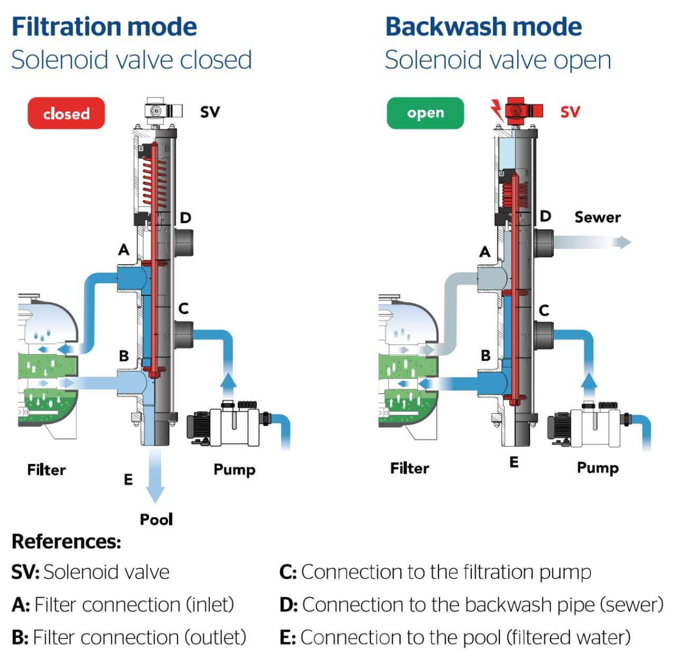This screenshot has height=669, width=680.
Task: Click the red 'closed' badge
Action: pyautogui.click(x=66, y=113)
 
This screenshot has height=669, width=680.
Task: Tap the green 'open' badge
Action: pyautogui.click(x=425, y=113)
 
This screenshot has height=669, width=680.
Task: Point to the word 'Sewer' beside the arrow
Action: pyautogui.click(x=597, y=217)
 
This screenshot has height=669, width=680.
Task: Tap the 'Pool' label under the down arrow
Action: pyautogui.click(x=156, y=519)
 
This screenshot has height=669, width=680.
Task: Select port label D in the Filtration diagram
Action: pyautogui.click(x=185, y=217)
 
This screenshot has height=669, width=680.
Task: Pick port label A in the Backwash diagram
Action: pyautogui.click(x=485, y=252)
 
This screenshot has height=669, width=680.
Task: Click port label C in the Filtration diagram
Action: pyautogui.click(x=184, y=308)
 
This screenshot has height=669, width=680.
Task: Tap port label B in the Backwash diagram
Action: pyautogui.click(x=485, y=355)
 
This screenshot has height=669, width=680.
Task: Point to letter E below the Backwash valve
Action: pyautogui.click(x=514, y=462)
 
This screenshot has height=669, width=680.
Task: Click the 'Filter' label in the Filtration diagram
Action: pyautogui.click(x=46, y=470)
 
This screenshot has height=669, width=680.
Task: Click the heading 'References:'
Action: pyautogui.click(x=66, y=541)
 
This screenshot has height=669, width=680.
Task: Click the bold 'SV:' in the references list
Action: pyautogui.click(x=25, y=572)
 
